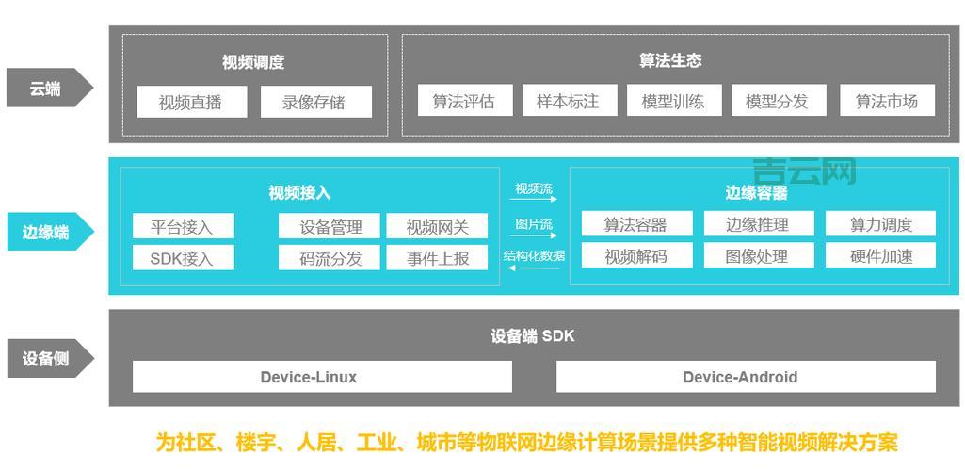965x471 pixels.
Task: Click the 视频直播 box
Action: pos(191,102)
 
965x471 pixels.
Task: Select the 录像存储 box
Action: pos(315,102)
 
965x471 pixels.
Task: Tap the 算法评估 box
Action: pos(464,101)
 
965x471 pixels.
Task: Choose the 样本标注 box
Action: pos(569,101)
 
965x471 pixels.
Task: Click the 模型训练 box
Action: pos(673,101)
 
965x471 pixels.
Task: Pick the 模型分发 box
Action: pos(778,101)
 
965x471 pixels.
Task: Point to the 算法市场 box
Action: pos(887,101)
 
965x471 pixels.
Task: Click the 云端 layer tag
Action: pos(47,89)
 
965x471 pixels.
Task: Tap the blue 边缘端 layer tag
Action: pos(47,232)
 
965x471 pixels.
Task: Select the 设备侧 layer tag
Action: pos(47,359)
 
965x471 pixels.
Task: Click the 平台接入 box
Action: pos(183,226)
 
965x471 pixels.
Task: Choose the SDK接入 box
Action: pos(183,257)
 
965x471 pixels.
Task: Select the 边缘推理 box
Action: pos(758,224)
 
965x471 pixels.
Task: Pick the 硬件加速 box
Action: pos(881,255)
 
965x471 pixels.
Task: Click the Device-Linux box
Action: pos(321,377)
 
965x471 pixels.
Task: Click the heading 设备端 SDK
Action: pos(533,336)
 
